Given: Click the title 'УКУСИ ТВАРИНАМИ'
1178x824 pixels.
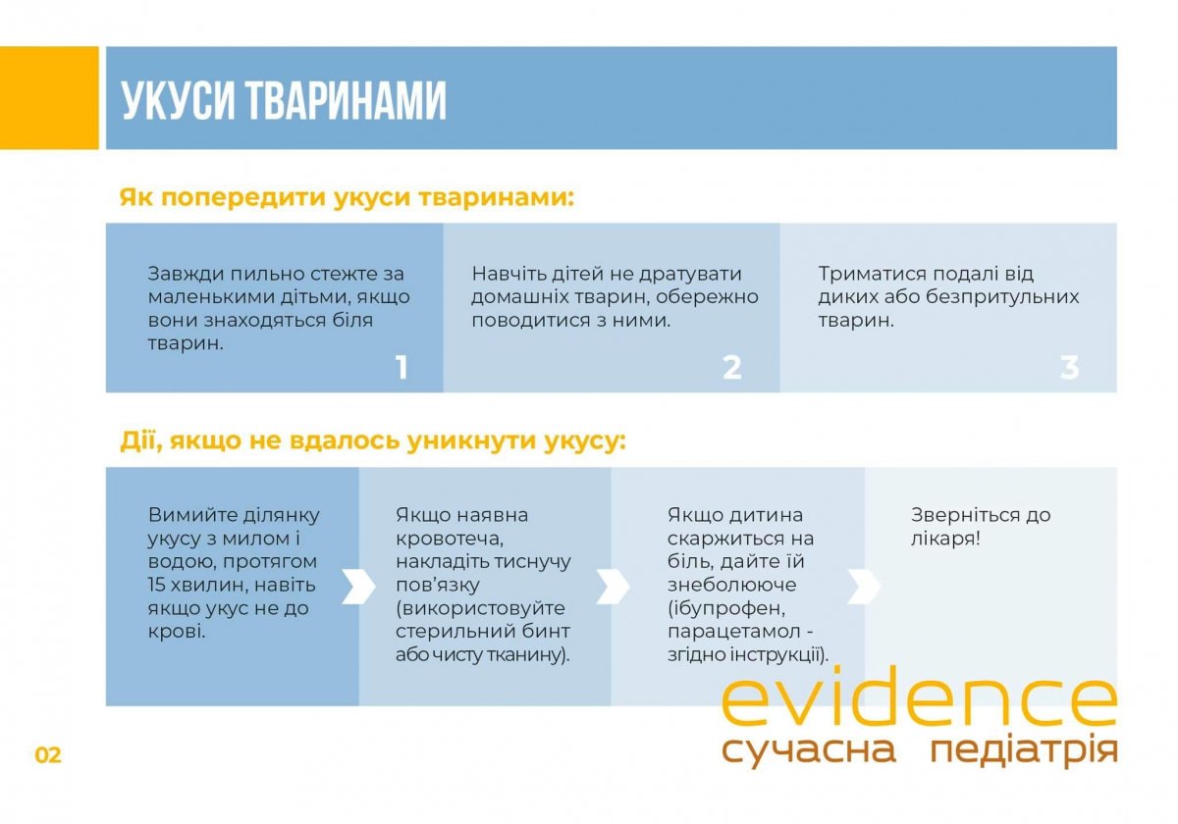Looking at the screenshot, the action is pyautogui.click(x=284, y=100).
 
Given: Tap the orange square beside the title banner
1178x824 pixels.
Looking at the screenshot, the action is pyautogui.click(x=49, y=98).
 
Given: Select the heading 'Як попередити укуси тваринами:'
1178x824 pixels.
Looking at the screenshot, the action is pyautogui.click(x=347, y=198).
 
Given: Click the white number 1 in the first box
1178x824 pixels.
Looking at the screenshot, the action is pyautogui.click(x=402, y=367).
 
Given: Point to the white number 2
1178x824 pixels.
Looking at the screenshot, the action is pyautogui.click(x=732, y=367).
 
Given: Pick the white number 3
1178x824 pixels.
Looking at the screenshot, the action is pyautogui.click(x=1069, y=367).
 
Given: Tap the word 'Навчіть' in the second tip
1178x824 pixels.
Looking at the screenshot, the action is pyautogui.click(x=508, y=274).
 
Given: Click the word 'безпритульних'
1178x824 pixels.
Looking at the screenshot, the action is pyautogui.click(x=1002, y=297).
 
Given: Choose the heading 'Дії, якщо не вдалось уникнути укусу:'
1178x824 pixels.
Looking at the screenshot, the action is pyautogui.click(x=373, y=440).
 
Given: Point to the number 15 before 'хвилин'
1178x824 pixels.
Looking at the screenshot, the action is pyautogui.click(x=158, y=585).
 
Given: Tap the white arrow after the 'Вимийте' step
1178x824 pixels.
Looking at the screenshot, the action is pyautogui.click(x=358, y=586).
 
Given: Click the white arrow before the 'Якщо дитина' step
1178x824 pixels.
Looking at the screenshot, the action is pyautogui.click(x=613, y=586).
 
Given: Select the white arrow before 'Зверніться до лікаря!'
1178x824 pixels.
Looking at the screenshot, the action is pyautogui.click(x=864, y=586).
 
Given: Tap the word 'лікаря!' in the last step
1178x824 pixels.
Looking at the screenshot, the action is pyautogui.click(x=945, y=539).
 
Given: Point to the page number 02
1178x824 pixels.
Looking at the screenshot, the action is pyautogui.click(x=48, y=755).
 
